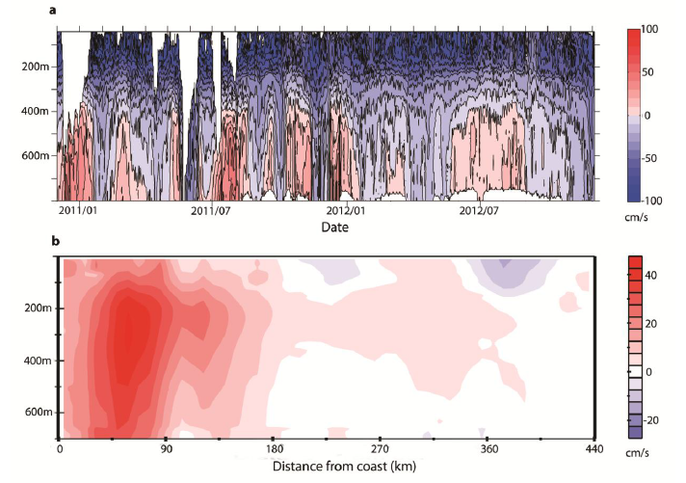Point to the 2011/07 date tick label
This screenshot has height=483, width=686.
click(x=211, y=210)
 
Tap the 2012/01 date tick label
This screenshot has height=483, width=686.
click(x=345, y=210)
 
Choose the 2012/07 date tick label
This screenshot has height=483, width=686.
click(x=479, y=210)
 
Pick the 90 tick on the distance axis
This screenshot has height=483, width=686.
click(x=167, y=449)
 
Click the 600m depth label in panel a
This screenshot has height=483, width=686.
click(x=34, y=155)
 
